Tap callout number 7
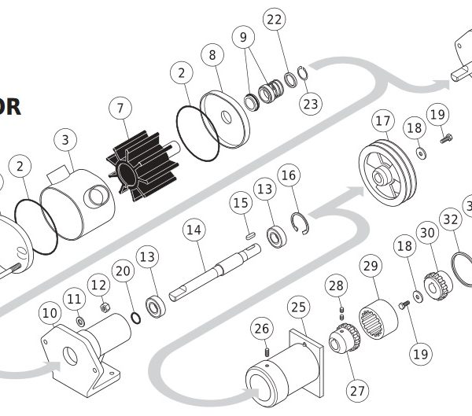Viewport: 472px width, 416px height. (x=120, y=107)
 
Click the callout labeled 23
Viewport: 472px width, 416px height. (x=312, y=103)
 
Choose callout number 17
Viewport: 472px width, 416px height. (x=383, y=122)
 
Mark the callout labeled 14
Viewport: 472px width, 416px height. (x=194, y=230)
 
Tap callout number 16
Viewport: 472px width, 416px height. (x=289, y=175)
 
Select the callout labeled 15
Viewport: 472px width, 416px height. (x=241, y=204)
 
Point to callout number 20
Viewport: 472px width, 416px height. (x=122, y=271)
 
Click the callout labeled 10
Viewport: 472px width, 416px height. (x=50, y=313)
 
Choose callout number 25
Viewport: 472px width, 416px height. (x=297, y=306)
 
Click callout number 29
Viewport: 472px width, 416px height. (x=371, y=266)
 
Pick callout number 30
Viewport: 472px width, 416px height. (x=427, y=233)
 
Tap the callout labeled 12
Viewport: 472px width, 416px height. (x=98, y=284)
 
